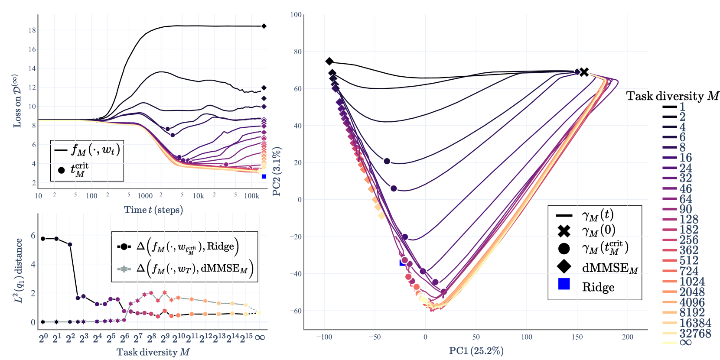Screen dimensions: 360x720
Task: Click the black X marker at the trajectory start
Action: pos(584,72)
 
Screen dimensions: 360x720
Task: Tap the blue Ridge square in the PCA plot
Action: pos(402,263)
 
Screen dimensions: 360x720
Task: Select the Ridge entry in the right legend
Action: pos(598,287)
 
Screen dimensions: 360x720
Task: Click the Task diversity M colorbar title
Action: pos(672,96)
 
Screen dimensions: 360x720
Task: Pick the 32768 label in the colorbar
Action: pos(695,334)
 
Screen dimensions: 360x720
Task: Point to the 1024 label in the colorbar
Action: pos(692,282)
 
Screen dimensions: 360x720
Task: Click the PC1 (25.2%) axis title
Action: pos(476,350)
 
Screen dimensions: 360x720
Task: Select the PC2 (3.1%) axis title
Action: pos(276,172)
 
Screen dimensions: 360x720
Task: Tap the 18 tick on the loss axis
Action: pos(32,30)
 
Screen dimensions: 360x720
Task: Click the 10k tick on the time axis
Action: pos(198,196)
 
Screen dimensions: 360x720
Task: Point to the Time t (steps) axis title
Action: pos(153,210)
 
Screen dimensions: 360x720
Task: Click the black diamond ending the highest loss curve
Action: pos(264,26)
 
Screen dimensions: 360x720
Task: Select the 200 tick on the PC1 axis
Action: pos(627,337)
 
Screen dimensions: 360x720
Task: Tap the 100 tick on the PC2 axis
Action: pos(296,15)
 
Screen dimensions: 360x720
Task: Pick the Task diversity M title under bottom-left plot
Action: pos(153,352)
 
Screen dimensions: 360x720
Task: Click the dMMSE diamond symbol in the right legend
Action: pos(564,267)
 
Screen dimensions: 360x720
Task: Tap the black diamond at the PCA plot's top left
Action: pos(329,62)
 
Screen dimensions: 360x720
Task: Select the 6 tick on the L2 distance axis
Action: pos(33,236)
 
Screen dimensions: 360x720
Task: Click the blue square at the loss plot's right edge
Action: pos(264,176)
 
